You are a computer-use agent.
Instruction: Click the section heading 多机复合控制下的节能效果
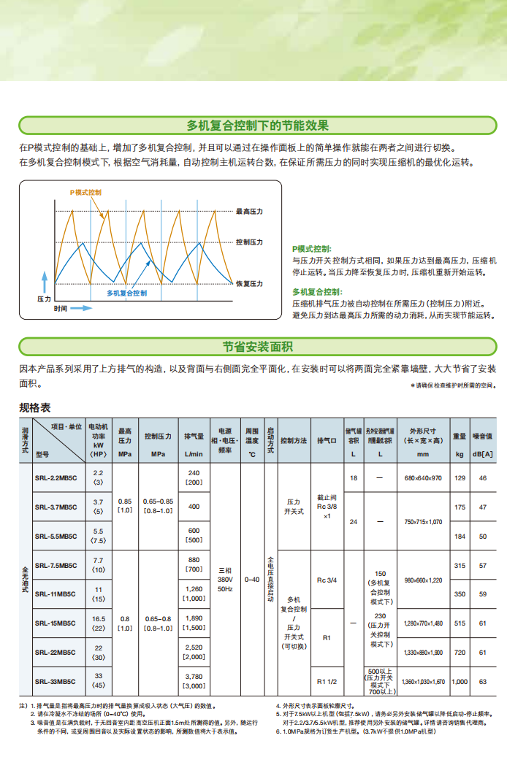[257, 126]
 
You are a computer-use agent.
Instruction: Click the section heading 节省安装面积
[257, 346]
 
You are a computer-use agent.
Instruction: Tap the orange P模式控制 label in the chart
[85, 192]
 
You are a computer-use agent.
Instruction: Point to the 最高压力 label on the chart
[249, 212]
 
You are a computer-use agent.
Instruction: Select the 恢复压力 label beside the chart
[249, 283]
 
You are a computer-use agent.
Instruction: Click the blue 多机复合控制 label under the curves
[126, 293]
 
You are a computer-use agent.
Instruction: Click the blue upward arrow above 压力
[43, 283]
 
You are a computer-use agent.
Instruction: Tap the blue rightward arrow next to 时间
[81, 309]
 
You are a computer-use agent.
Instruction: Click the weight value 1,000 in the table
[460, 682]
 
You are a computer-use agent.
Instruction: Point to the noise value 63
[483, 682]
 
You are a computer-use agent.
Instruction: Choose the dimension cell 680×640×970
[423, 478]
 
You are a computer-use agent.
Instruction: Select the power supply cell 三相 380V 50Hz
[225, 579]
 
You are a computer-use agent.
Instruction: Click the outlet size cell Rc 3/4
[327, 580]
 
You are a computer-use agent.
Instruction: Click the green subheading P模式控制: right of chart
[311, 249]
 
